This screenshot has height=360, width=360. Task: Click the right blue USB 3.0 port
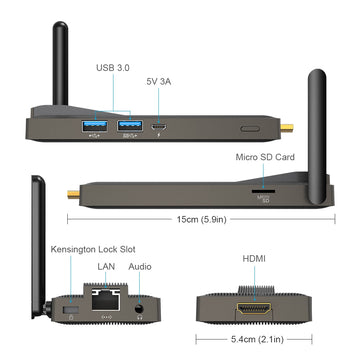click(128, 126)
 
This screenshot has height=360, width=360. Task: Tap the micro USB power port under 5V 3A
click(160, 127)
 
